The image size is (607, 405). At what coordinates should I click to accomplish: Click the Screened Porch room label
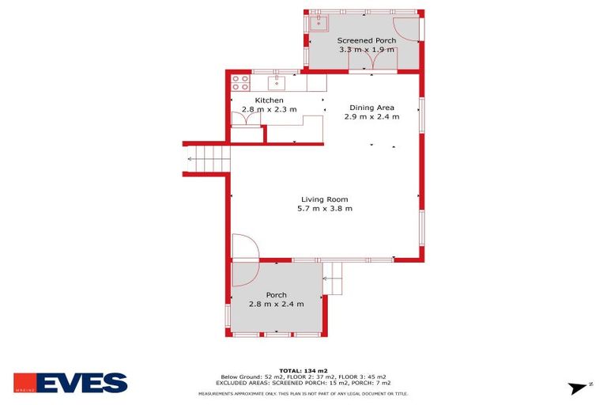(x=366, y=40)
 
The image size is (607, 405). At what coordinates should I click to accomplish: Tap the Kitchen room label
(x=269, y=100)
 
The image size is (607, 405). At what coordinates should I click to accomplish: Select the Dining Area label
(x=371, y=108)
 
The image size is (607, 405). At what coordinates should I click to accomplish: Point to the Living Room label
(x=324, y=199)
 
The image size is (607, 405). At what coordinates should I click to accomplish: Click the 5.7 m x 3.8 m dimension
(x=324, y=209)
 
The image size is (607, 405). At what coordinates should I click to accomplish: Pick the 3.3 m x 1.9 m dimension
(x=366, y=50)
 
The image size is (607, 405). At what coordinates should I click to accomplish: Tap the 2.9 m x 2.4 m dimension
(x=371, y=117)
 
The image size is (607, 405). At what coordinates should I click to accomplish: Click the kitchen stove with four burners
(x=240, y=81)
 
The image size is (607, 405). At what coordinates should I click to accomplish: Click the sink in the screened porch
(x=318, y=22)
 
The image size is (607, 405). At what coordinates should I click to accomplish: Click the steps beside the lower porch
(x=333, y=279)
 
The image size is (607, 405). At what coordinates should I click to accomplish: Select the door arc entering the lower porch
(x=244, y=249)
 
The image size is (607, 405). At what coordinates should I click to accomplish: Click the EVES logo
(x=70, y=383)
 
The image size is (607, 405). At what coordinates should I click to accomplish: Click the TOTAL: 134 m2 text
(x=303, y=370)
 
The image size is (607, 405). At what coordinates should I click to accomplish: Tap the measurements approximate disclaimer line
(x=303, y=393)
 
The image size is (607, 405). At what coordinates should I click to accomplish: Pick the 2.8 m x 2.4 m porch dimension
(x=276, y=304)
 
